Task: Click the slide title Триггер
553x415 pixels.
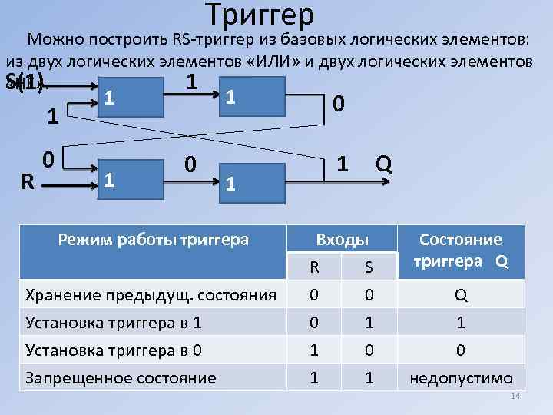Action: point(260,14)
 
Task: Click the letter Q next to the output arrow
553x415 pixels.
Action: point(385,164)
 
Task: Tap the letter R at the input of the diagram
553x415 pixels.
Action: point(27,182)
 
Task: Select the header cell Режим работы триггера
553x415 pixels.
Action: point(154,239)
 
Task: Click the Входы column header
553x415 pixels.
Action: point(342,241)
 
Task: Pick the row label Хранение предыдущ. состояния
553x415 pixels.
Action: point(151,294)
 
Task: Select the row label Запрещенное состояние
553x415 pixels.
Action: point(121,377)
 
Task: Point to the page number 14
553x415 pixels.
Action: point(515,396)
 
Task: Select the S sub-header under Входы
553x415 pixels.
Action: point(369,267)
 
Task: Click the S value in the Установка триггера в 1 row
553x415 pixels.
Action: point(369,323)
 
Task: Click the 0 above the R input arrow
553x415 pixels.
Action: point(48,159)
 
